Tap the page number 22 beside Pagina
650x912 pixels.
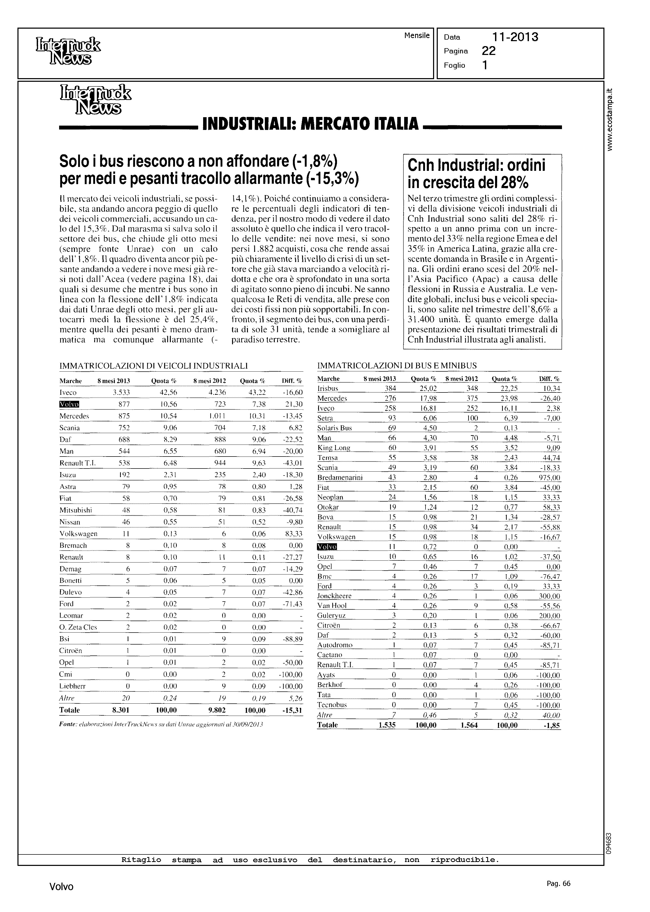(x=489, y=51)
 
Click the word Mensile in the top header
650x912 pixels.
(x=417, y=36)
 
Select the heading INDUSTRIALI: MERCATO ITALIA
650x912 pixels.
(x=311, y=124)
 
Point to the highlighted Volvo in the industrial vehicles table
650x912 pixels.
(x=69, y=404)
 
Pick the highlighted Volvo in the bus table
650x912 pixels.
(x=327, y=547)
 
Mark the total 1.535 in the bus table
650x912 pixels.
(x=387, y=725)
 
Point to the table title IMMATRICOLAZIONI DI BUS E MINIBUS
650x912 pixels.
(x=397, y=365)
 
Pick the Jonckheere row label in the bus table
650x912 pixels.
(x=334, y=596)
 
